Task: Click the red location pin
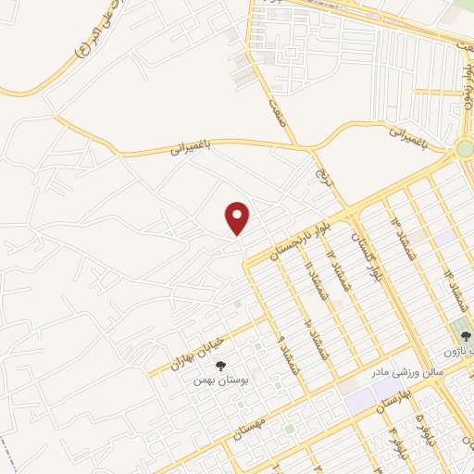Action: pos(238,218)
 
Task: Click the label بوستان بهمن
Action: pos(219,380)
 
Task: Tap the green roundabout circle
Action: pos(466,148)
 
